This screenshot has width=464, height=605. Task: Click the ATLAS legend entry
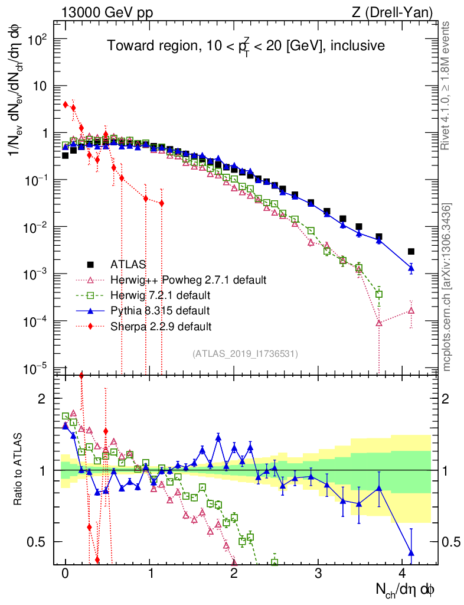point(129,264)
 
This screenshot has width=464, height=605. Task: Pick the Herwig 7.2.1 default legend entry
point(163,295)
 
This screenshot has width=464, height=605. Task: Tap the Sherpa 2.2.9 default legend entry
point(161,326)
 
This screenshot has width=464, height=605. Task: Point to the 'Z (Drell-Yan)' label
point(399,12)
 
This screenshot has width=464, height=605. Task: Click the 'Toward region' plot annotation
point(245,45)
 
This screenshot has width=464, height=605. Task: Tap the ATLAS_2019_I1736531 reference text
point(245,354)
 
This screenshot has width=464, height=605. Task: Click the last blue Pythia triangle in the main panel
point(411,268)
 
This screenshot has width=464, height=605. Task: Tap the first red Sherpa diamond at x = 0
point(66,105)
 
